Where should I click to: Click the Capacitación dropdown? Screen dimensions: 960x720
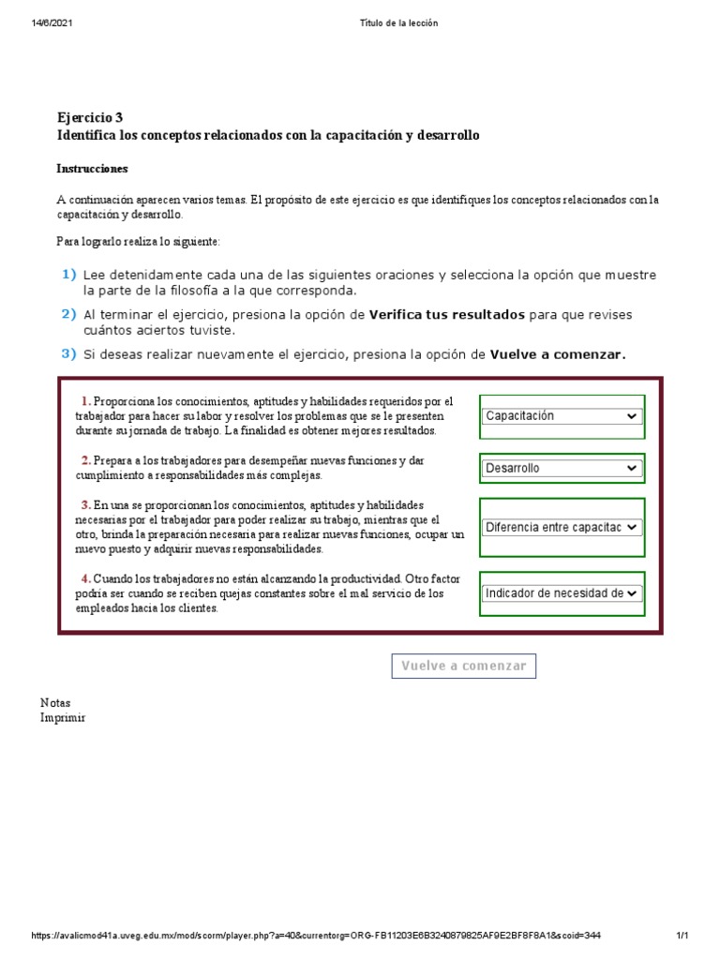tap(562, 416)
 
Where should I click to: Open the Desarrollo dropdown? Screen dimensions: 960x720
tap(562, 468)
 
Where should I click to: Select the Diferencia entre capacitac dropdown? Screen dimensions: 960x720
tap(562, 528)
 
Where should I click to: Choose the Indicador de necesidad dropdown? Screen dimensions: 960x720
tap(562, 592)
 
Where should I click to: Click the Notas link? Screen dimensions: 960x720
tap(55, 702)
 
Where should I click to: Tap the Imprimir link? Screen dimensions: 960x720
tap(63, 717)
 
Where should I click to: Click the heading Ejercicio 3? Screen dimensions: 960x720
tap(90, 118)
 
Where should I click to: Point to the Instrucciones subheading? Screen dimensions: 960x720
tap(93, 169)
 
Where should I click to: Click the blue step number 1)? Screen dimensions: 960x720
tap(68, 275)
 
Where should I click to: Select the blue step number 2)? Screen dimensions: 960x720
tap(68, 315)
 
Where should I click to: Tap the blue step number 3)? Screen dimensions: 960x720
tap(68, 353)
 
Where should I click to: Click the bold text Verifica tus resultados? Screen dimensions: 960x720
tap(446, 315)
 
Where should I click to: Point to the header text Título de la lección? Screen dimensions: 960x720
tap(397, 22)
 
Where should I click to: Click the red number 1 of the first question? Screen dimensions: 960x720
tap(85, 401)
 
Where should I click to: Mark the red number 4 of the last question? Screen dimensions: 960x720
tap(85, 578)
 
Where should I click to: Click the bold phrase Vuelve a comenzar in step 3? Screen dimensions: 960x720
tap(558, 354)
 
